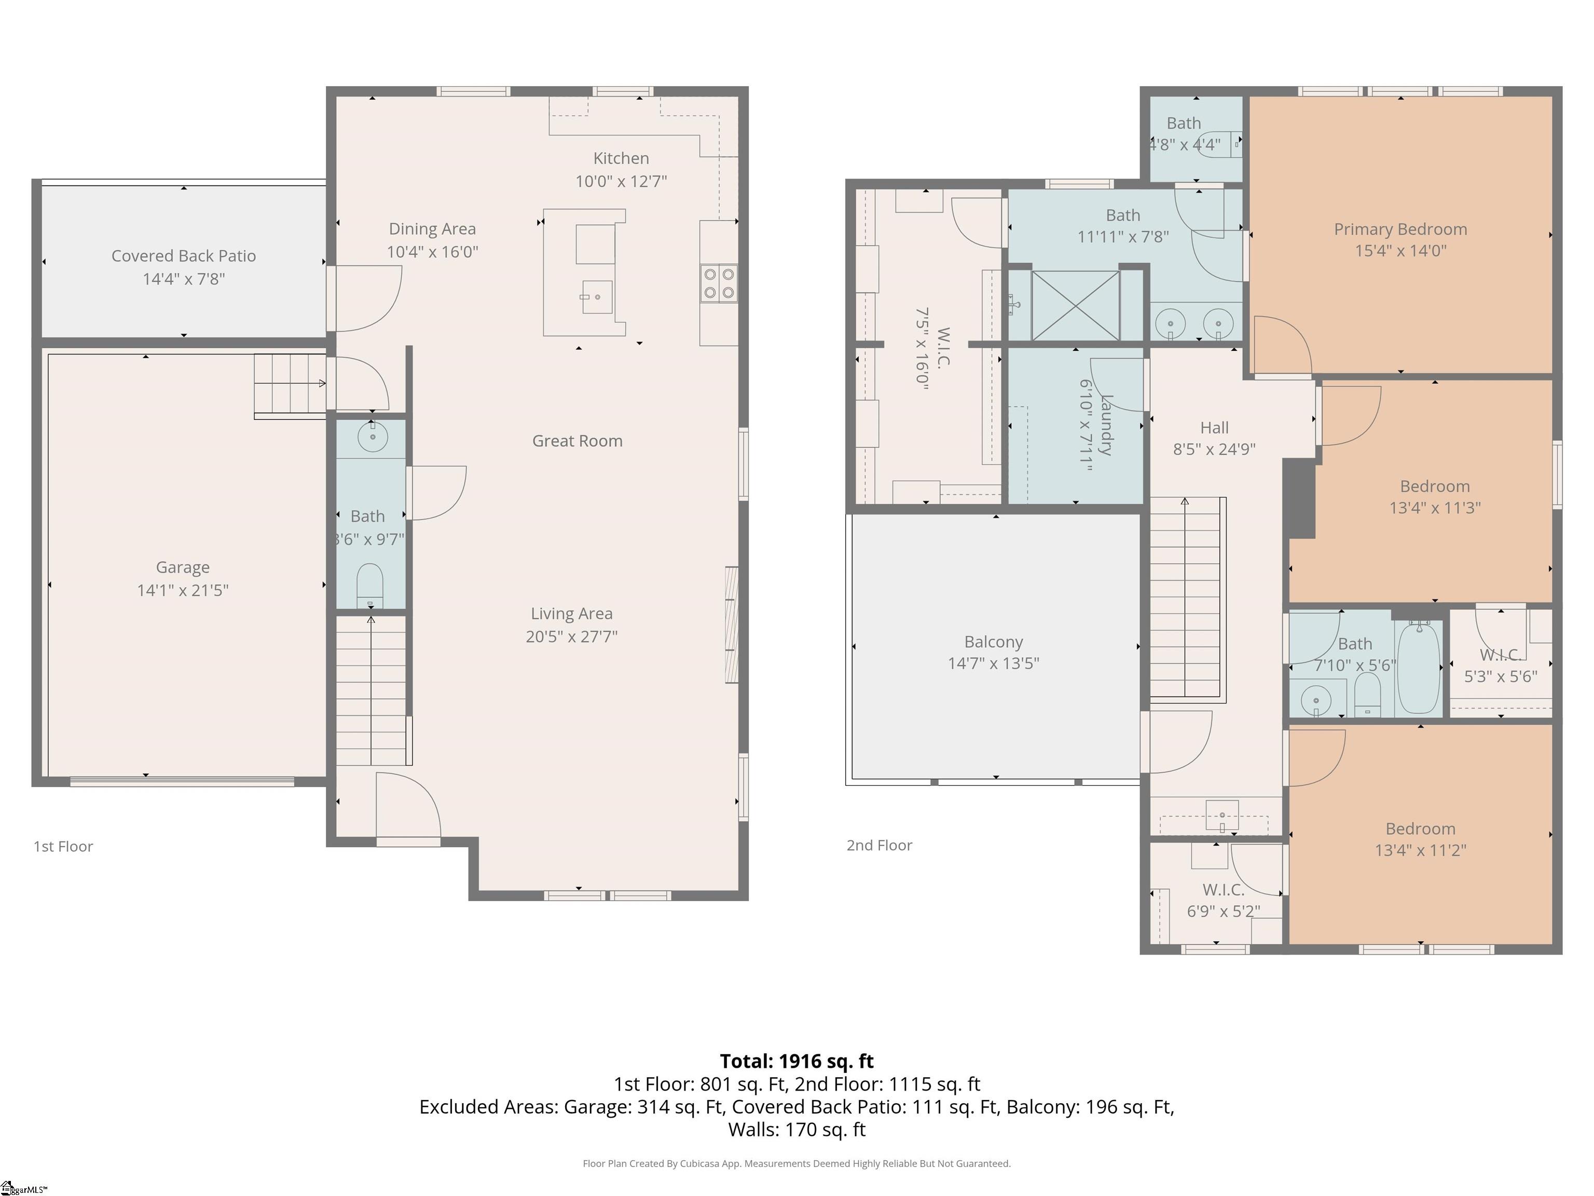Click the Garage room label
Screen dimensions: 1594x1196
coord(183,568)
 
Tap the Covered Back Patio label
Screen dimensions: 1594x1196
coord(184,256)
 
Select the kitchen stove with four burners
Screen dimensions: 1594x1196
coord(719,283)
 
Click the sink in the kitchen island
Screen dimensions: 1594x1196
coord(597,296)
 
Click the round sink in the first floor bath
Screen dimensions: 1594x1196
coord(373,437)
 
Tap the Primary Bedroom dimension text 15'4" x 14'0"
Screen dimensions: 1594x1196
coord(1400,251)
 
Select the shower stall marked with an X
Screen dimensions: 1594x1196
coord(1075,305)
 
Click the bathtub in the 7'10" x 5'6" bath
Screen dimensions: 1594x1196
coord(1418,668)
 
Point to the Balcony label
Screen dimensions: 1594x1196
coord(993,642)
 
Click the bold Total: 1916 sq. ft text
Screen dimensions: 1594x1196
coord(796,1061)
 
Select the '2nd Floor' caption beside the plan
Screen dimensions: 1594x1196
coord(879,845)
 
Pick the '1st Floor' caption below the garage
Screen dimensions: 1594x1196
coord(63,846)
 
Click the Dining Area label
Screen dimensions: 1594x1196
coord(432,229)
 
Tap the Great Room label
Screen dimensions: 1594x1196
coord(577,441)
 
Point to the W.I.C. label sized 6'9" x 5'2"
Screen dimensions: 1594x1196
coord(1223,890)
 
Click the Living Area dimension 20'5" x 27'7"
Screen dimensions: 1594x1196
coord(571,636)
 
